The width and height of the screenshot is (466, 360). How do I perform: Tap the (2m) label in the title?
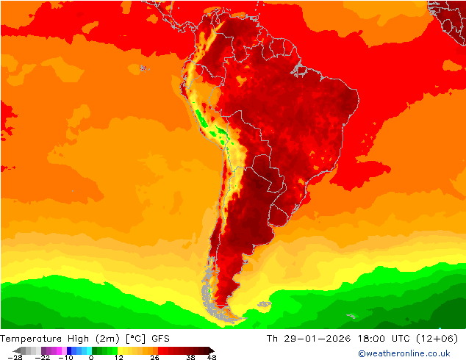point(107,338)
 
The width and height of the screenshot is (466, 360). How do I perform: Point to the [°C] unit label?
point(136,338)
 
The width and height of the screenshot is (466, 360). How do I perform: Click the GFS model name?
point(161,338)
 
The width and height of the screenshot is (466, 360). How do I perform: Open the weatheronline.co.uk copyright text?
point(404,353)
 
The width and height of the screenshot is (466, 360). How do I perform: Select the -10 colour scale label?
point(65,357)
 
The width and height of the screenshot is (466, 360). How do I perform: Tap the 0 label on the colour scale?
point(90,357)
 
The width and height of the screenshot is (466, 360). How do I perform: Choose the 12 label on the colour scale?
point(118,357)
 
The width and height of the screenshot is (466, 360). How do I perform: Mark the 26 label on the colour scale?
point(154,357)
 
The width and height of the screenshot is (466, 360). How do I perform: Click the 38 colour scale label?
point(191,357)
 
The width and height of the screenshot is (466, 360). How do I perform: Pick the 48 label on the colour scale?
point(212,357)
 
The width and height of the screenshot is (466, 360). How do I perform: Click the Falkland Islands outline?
point(263,304)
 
